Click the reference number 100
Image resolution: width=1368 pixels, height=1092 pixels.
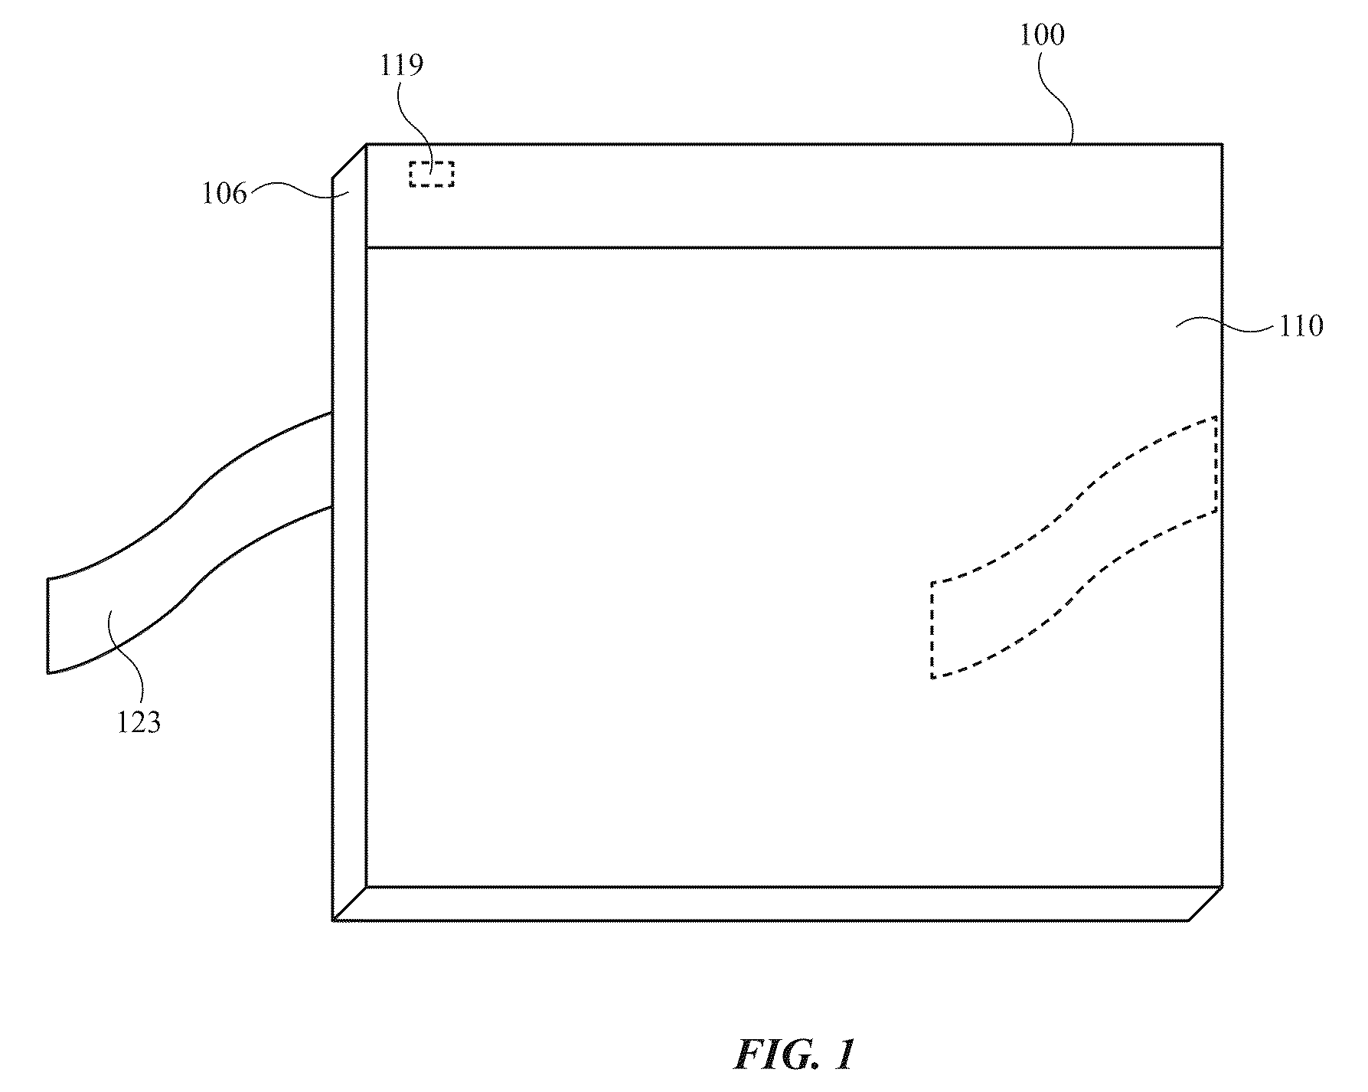(1042, 35)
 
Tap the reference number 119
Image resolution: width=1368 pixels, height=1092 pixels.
(402, 66)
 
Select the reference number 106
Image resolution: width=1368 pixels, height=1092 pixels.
(224, 194)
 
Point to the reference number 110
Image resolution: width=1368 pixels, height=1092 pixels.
(1301, 326)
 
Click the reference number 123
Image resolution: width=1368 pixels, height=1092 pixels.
(139, 722)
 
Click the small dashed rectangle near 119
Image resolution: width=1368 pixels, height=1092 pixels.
(431, 174)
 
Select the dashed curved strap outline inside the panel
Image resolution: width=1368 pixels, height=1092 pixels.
(1075, 547)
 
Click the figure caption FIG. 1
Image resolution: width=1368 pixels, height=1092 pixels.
(794, 1055)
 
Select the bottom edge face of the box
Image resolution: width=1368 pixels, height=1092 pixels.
(776, 904)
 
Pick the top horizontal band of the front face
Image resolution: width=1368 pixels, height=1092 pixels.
(794, 195)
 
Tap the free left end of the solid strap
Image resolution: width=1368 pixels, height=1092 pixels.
(48, 626)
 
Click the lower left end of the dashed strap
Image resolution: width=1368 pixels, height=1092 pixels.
(932, 630)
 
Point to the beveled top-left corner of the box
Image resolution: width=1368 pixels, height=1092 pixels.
(349, 161)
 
